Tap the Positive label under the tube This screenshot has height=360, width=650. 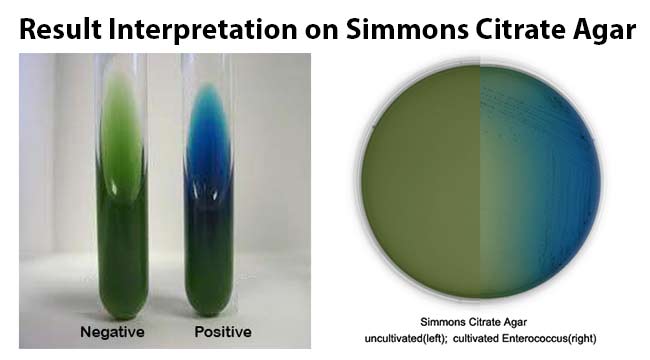(222, 331)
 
